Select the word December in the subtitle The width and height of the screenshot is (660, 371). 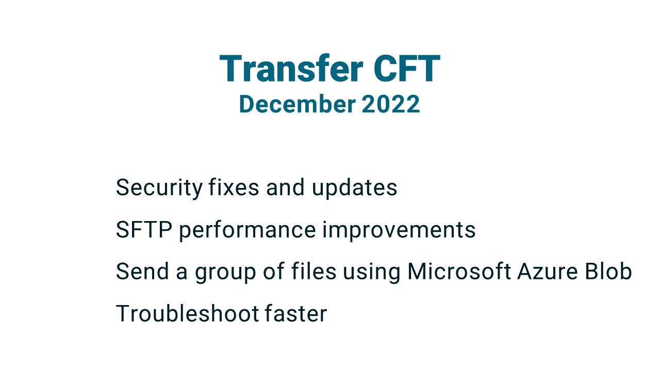(297, 104)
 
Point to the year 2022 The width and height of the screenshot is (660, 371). (391, 104)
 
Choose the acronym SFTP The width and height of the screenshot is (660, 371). (143, 230)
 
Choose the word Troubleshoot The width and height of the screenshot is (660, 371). (187, 313)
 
